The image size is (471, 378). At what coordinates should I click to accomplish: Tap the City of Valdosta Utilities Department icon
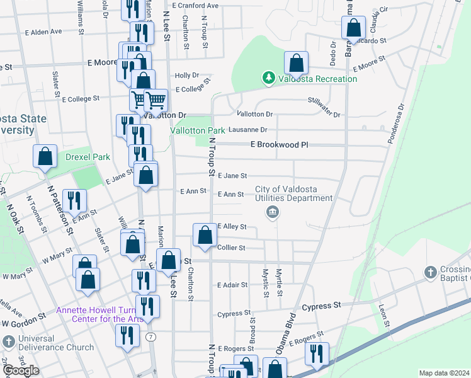(272, 212)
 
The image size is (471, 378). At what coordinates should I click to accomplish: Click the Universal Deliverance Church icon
(9, 342)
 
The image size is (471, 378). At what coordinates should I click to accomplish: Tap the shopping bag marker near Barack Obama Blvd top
(353, 28)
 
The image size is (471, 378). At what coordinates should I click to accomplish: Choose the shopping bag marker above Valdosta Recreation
(295, 63)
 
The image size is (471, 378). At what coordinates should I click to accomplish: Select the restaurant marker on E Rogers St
(317, 353)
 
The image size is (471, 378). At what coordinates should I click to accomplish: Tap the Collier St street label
(231, 248)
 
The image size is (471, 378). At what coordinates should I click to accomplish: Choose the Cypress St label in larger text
(322, 306)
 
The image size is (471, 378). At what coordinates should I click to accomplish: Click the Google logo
(21, 370)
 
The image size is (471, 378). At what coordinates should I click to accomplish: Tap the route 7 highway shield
(150, 337)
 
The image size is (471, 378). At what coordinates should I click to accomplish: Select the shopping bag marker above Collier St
(205, 236)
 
